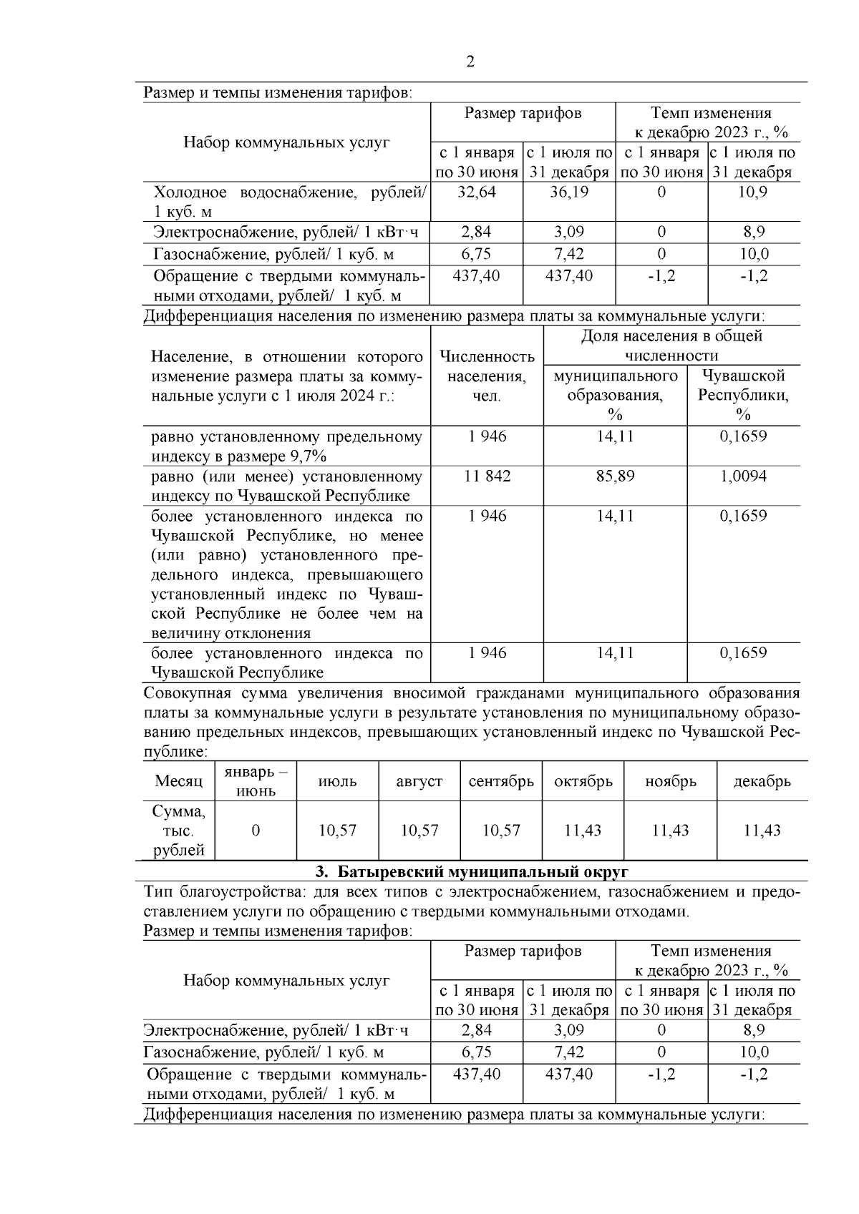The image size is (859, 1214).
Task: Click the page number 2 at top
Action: (470, 62)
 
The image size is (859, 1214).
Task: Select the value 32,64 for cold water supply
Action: (477, 192)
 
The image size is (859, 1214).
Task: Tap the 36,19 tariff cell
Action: (569, 192)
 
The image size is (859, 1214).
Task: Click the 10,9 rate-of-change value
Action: (754, 192)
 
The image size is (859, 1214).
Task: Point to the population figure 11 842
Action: (487, 476)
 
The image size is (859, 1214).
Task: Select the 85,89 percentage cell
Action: (615, 476)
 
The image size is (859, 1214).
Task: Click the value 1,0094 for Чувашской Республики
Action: (743, 476)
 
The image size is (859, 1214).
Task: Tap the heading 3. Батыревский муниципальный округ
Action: (471, 872)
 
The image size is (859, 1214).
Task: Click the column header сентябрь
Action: (501, 781)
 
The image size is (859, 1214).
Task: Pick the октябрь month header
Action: (583, 781)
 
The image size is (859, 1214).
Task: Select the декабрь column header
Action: (762, 781)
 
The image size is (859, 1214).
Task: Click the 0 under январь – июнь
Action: (256, 831)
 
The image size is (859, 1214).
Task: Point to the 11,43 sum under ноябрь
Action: (670, 831)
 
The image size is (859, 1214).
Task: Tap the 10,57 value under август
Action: (419, 831)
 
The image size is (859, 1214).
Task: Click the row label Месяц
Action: (178, 781)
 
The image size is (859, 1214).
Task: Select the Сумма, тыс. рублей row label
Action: (178, 831)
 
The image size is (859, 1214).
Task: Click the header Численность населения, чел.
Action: (487, 376)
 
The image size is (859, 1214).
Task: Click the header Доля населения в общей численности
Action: (671, 346)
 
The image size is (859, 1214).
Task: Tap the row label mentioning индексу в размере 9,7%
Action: (286, 446)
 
